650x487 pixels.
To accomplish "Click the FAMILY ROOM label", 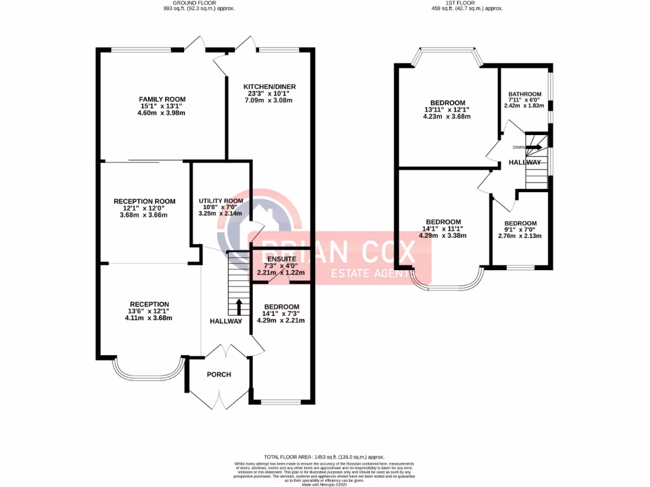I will point(162,99).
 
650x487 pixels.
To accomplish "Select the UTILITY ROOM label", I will point(221,200).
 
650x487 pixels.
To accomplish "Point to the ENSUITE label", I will point(281,259).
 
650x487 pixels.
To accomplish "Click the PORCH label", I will point(219,374).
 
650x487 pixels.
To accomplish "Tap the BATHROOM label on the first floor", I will point(525,94).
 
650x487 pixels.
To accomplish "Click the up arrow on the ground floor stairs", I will point(239,307).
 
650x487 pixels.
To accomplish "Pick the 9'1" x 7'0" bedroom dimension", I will point(521,230).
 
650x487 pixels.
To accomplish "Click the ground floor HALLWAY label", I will point(226,321).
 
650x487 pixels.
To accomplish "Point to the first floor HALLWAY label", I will point(525,163).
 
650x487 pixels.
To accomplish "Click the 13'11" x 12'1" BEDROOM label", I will point(448,103).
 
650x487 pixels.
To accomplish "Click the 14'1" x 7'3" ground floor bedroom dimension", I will point(281,313).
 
